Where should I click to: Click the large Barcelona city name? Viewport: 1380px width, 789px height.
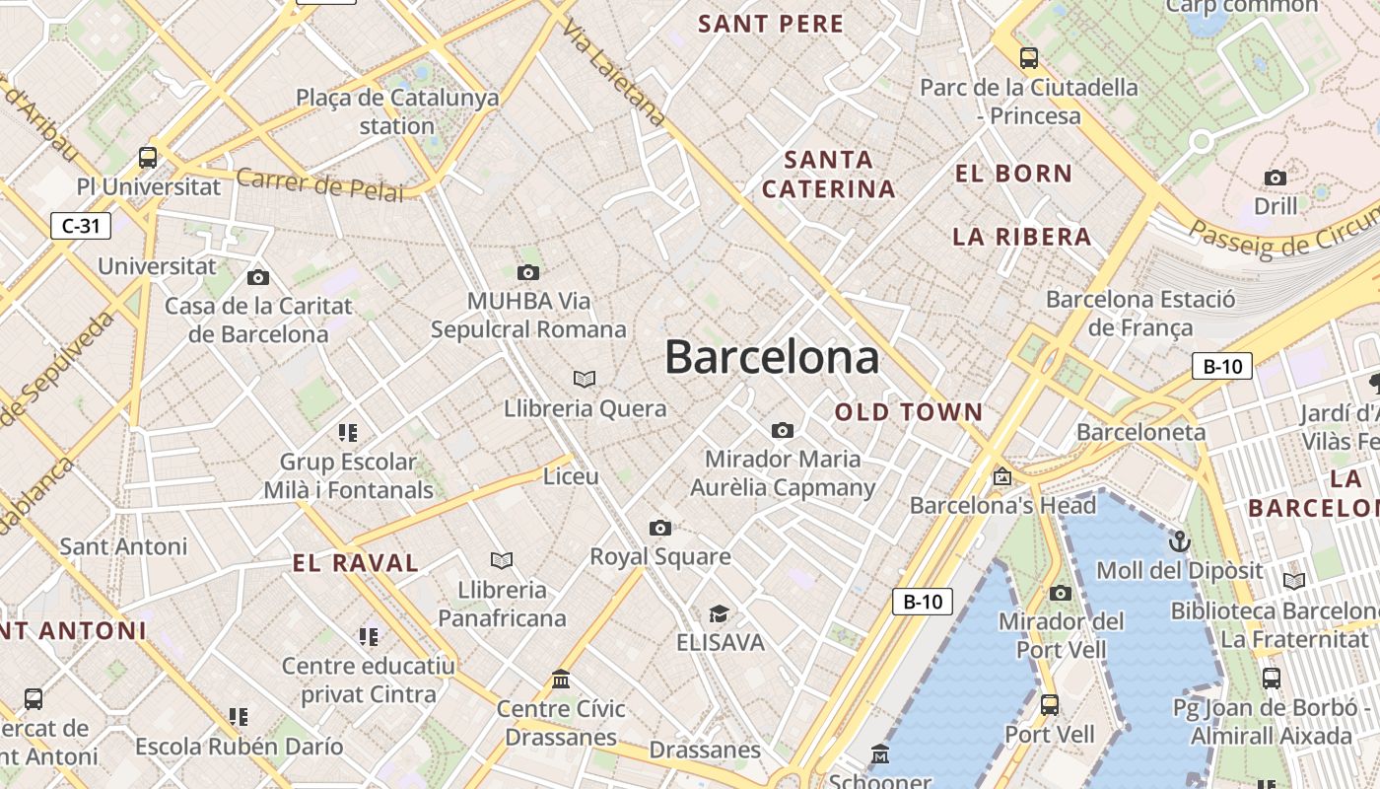(x=772, y=357)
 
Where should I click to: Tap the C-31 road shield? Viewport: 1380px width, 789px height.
(x=81, y=226)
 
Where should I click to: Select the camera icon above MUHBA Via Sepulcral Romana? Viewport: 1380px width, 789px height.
(x=528, y=272)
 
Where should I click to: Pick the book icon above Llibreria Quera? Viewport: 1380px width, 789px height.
(x=585, y=379)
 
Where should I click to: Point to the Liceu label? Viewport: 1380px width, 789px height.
(x=572, y=476)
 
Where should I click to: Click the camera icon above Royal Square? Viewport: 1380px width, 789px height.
(x=660, y=528)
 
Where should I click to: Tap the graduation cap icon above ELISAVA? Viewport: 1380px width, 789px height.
(x=720, y=614)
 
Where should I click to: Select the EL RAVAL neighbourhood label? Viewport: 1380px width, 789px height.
(x=356, y=563)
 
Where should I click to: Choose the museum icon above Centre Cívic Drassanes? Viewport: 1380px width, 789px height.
(x=561, y=680)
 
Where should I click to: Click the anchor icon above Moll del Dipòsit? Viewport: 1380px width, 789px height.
(x=1179, y=541)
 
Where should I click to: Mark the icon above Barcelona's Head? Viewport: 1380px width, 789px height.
(x=1002, y=476)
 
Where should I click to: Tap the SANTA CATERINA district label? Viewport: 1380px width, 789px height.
(x=829, y=174)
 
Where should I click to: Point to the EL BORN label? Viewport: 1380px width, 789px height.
(x=1013, y=174)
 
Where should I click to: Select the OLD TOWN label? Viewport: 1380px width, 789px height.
(x=909, y=412)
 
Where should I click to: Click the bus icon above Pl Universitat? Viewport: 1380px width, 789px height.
(x=148, y=157)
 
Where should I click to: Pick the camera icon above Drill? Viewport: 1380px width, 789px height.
(x=1276, y=178)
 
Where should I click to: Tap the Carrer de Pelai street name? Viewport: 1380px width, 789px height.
(x=320, y=183)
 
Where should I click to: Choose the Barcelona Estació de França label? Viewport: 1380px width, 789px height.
(x=1140, y=313)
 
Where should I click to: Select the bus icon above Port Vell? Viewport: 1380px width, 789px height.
(x=1050, y=705)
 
